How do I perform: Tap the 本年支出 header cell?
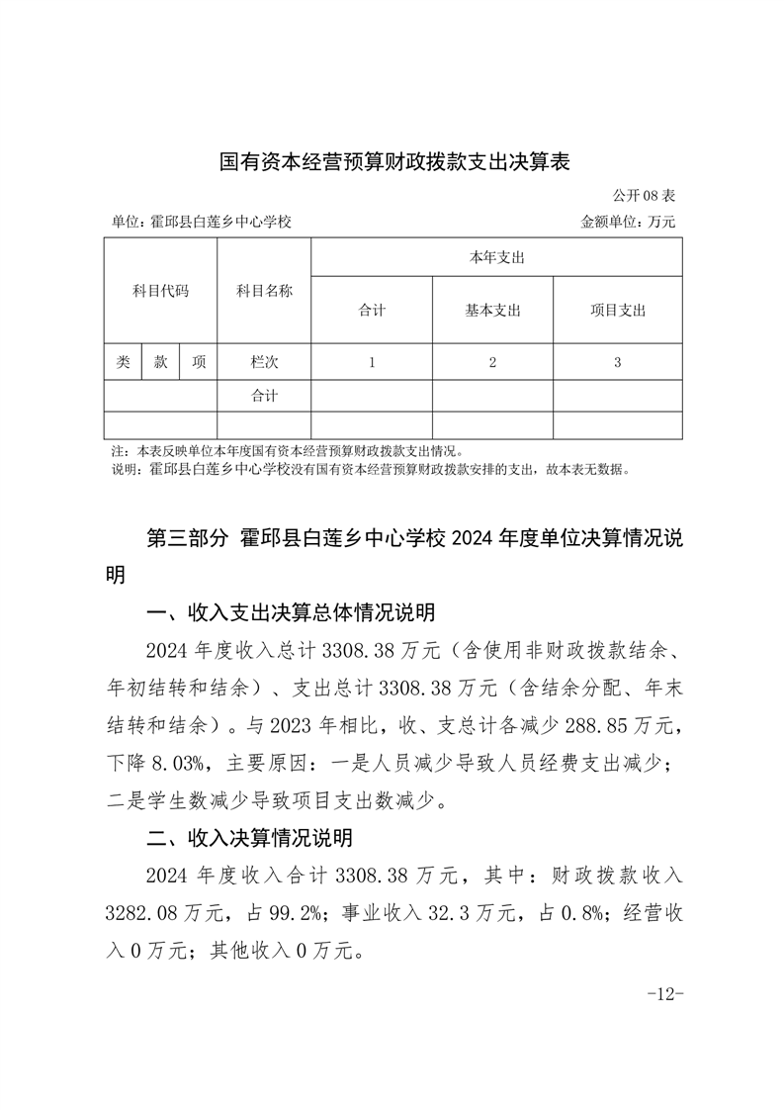496,257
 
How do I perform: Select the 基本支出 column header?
492,311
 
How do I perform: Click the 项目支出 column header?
617,311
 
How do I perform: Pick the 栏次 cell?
264,362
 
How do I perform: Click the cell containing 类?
123,362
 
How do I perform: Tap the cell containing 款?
160,362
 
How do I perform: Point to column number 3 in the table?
617,362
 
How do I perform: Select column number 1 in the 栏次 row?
372,362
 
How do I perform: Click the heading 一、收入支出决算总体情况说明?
290,613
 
